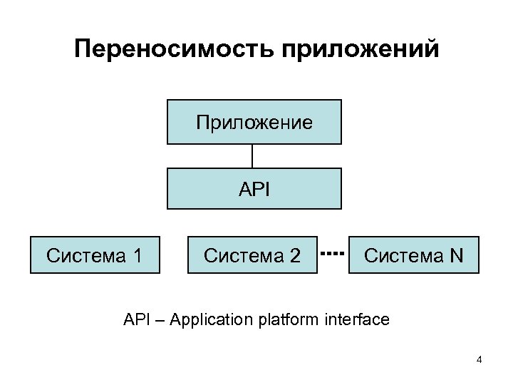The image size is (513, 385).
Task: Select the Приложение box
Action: pyautogui.click(x=254, y=122)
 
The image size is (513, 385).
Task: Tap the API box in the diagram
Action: pyautogui.click(x=254, y=188)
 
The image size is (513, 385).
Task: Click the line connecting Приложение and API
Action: pyautogui.click(x=252, y=156)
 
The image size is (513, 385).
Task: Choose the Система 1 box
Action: pyautogui.click(x=95, y=255)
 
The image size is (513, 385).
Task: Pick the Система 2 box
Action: pyautogui.click(x=252, y=255)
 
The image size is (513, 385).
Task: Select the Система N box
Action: pyautogui.click(x=413, y=255)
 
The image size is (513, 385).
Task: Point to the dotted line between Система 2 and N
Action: pyautogui.click(x=333, y=253)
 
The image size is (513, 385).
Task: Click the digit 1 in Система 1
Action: pyautogui.click(x=137, y=255)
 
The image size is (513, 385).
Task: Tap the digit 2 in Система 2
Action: pyautogui.click(x=295, y=255)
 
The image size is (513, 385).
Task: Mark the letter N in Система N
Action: pyautogui.click(x=456, y=255)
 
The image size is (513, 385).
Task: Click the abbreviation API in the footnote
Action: pyautogui.click(x=135, y=319)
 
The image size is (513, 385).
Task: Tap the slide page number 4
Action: pyautogui.click(x=480, y=359)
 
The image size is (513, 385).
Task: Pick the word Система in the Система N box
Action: pyautogui.click(x=403, y=255)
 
